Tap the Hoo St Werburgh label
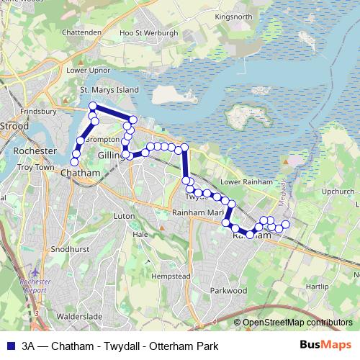(x=149, y=32)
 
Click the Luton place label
(x=124, y=215)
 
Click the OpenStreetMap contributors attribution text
(x=297, y=323)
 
